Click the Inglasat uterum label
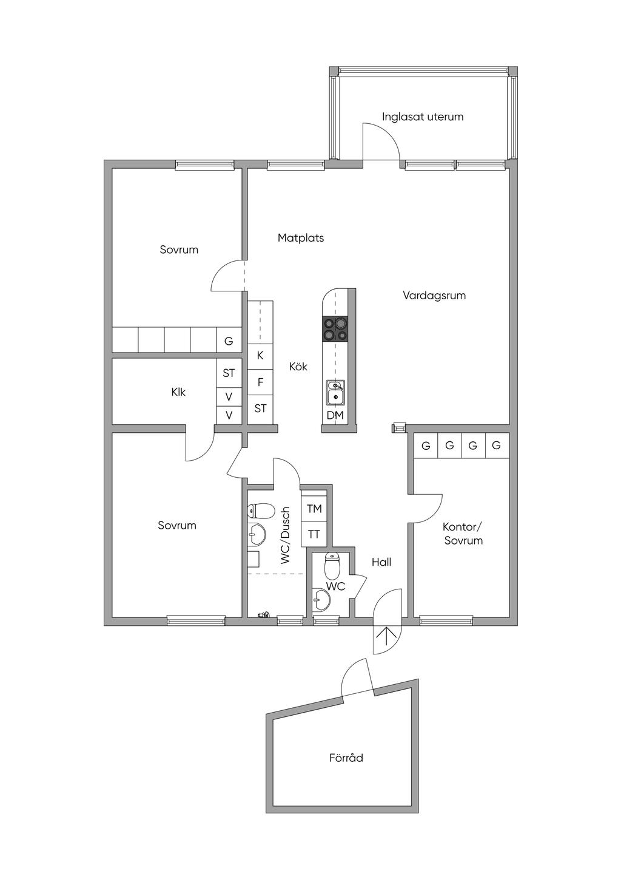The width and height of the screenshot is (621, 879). tap(423, 117)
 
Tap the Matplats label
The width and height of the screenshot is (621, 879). tap(301, 238)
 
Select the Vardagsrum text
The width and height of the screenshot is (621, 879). tap(434, 296)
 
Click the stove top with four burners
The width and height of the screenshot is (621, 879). tap(335, 328)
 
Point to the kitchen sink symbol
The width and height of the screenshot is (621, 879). tap(335, 392)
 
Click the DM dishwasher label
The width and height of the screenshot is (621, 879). tap(335, 415)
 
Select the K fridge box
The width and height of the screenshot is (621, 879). tap(260, 355)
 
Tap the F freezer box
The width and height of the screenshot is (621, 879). tap(260, 382)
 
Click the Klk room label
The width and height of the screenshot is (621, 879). tap(178, 392)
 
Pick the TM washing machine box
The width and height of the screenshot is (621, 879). tap(314, 509)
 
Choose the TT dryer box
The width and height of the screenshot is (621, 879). tap(314, 534)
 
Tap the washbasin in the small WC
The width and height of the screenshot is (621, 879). tap(321, 601)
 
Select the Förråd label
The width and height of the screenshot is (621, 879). tap(346, 758)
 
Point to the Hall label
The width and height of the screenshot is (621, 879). tap(381, 562)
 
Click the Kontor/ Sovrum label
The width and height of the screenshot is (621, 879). tap(463, 534)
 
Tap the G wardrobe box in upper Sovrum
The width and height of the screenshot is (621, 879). tap(229, 341)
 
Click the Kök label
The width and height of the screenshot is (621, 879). tap(298, 367)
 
